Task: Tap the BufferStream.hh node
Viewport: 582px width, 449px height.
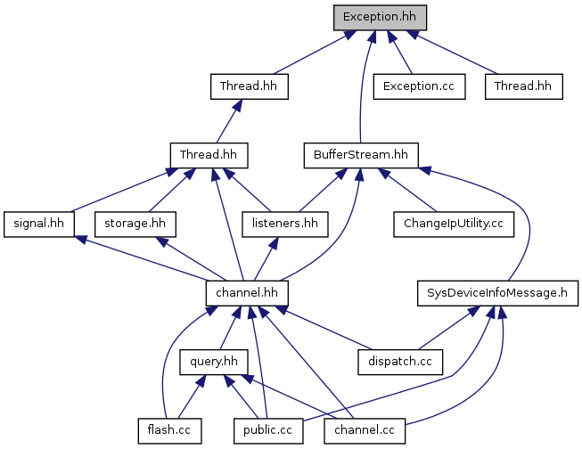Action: tap(360, 154)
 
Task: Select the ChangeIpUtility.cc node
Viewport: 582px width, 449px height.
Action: tap(454, 223)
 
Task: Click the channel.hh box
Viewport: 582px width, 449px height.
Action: tap(247, 291)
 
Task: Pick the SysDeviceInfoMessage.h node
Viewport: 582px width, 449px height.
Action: tap(497, 291)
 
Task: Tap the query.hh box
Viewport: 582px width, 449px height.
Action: tap(211, 361)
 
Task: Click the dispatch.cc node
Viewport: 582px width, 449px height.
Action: tap(400, 361)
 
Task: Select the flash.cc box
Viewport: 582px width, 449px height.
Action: tap(169, 429)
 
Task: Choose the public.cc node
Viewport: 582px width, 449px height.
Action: tap(263, 429)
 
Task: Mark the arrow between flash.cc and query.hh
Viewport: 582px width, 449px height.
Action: tap(190, 396)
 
